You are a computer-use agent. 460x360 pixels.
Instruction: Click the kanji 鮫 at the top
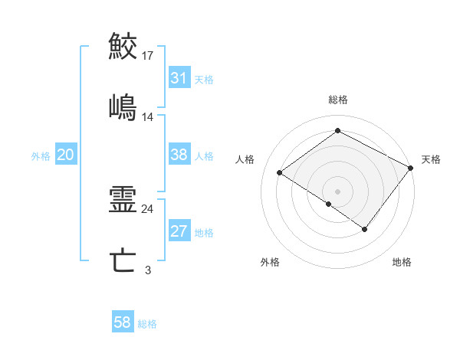point(123,47)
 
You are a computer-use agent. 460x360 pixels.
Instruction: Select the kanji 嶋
point(123,107)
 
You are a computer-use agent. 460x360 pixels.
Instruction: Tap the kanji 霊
point(123,200)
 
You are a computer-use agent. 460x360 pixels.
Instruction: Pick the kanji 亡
point(123,261)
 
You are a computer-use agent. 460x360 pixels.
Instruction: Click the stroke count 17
point(148,55)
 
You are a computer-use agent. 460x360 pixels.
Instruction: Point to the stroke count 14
point(148,117)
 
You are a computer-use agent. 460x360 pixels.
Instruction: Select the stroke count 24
point(148,208)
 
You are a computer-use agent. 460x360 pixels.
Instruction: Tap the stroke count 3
point(148,270)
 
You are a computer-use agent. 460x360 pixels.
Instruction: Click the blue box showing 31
point(179,78)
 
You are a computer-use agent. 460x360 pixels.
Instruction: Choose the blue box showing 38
point(179,155)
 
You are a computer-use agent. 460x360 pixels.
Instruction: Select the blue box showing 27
point(179,231)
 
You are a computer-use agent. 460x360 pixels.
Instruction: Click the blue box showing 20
point(66,155)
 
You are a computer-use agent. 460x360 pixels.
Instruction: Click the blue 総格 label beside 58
point(147,324)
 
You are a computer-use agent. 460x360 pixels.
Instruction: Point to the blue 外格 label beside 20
point(41,155)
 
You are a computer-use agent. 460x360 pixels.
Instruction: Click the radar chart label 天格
point(431,159)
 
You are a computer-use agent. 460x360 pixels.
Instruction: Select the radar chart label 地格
point(402,262)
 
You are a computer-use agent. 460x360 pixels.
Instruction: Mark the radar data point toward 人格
point(280,172)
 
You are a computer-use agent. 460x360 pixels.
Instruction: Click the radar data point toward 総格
point(337,131)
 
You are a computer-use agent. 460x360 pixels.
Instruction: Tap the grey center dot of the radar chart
point(337,190)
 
